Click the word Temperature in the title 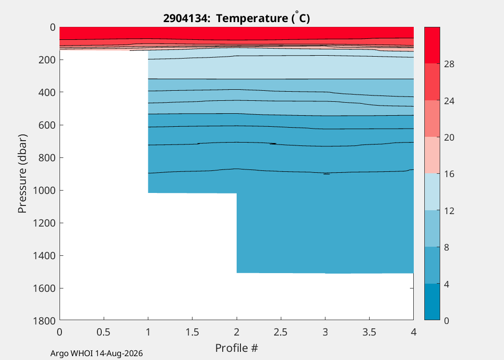click(252, 18)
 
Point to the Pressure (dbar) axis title click(22, 174)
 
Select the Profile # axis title click(237, 348)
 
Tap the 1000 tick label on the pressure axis click(44, 190)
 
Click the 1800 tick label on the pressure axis click(44, 321)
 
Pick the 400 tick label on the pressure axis click(47, 92)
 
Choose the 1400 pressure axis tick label click(44, 255)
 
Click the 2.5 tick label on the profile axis click(281, 332)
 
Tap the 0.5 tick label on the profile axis click(104, 332)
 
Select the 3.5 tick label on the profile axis click(369, 332)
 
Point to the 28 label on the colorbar click(449, 64)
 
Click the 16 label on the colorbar click(449, 174)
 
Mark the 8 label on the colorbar click(446, 248)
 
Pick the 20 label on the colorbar click(449, 138)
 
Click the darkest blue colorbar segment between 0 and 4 click(432, 302)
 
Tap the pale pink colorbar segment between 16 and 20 click(432, 155)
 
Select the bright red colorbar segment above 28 click(432, 45)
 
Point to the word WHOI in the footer click(82, 354)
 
